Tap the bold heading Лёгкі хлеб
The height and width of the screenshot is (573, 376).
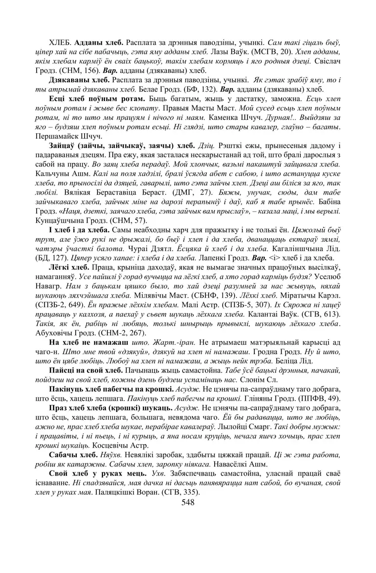click(x=71, y=267)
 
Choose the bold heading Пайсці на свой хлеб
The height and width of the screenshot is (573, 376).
click(x=86, y=370)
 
